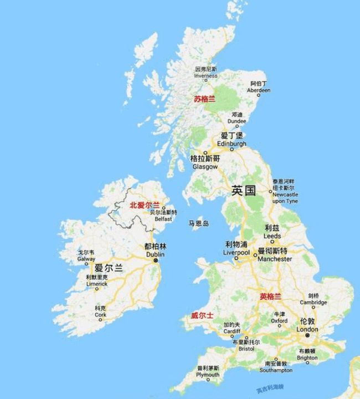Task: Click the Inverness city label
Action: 205,73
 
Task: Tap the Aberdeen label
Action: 258,86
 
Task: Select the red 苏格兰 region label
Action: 204,99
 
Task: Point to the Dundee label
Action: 236,118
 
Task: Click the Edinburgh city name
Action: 232,140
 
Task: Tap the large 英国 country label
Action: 243,191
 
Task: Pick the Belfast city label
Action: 163,216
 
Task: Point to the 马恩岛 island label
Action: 198,223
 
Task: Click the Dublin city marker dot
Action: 156,260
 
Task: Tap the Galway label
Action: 86,255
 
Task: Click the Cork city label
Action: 100,311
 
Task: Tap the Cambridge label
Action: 313,299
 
